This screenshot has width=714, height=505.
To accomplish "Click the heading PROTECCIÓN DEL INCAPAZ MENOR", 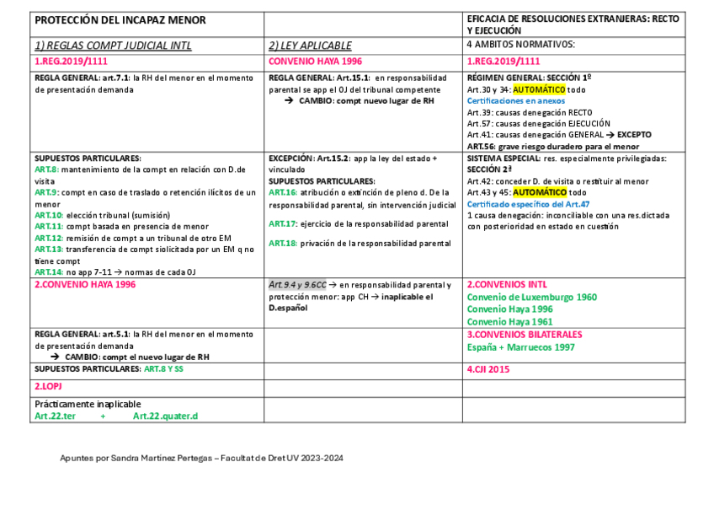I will click(x=120, y=19).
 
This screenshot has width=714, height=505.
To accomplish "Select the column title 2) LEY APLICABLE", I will click(x=310, y=46).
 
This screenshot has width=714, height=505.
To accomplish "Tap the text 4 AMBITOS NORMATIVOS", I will click(x=521, y=44).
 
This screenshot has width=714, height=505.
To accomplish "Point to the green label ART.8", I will click(x=45, y=169).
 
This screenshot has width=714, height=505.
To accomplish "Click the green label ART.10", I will click(x=48, y=215).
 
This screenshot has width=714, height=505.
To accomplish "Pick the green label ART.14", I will click(x=48, y=272).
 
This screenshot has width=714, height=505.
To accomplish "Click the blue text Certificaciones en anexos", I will click(x=515, y=100).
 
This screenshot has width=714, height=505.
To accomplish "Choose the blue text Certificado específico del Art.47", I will click(x=528, y=204).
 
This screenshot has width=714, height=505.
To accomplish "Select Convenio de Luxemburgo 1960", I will click(x=531, y=297).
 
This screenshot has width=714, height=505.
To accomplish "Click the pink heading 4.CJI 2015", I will click(x=490, y=369).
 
